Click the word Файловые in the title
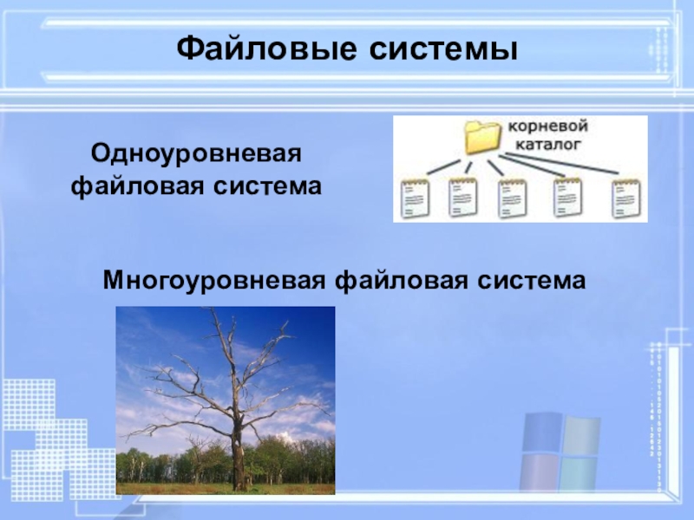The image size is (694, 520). pyautogui.click(x=266, y=49)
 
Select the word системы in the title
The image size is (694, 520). pyautogui.click(x=443, y=50)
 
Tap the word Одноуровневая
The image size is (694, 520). pyautogui.click(x=196, y=155)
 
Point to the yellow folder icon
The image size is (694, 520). pyautogui.click(x=482, y=137)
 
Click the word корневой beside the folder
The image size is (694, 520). pyautogui.click(x=547, y=127)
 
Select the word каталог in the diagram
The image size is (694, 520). pyautogui.click(x=548, y=144)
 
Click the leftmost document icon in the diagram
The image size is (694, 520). pyautogui.click(x=416, y=198)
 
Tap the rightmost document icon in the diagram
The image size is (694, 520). pyautogui.click(x=625, y=198)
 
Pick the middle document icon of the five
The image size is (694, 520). pyautogui.click(x=513, y=198)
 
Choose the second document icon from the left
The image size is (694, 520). pyautogui.click(x=463, y=198)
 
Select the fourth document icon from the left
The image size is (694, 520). pyautogui.click(x=568, y=198)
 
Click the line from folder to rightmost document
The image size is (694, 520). pyautogui.click(x=562, y=163)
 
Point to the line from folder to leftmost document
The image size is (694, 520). pyautogui.click(x=443, y=166)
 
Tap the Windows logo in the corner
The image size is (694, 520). pyautogui.click(x=560, y=452)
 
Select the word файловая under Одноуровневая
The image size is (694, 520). pyautogui.click(x=138, y=186)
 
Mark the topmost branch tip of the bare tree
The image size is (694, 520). pyautogui.click(x=211, y=309)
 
